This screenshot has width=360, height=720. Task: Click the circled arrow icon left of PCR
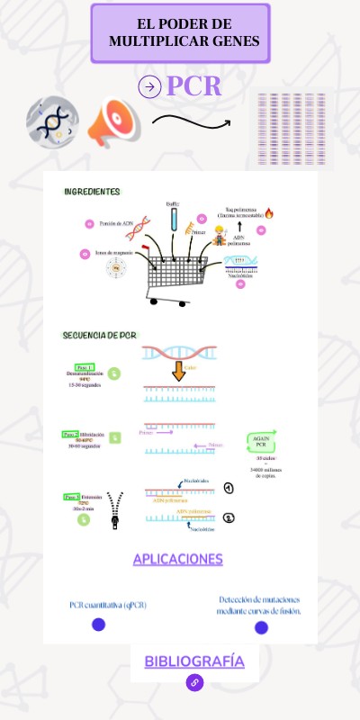[x=149, y=86]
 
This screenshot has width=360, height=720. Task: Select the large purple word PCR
[x=193, y=86]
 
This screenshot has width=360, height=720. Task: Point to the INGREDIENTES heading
[x=92, y=192]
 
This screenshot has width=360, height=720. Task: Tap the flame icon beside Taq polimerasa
[x=268, y=213]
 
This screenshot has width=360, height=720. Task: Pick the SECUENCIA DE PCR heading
[x=99, y=335]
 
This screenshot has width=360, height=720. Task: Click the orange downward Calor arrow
[x=178, y=370]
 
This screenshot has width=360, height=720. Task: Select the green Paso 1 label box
[x=85, y=367]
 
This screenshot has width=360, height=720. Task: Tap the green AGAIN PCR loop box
[x=260, y=441]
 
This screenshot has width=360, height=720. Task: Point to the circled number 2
[x=229, y=517]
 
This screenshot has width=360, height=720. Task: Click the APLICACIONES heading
[x=177, y=559]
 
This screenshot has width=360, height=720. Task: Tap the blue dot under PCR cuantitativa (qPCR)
[x=99, y=625]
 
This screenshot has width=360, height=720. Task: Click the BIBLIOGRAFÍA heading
[x=194, y=661]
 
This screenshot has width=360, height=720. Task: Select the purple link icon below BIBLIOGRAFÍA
[x=194, y=683]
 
